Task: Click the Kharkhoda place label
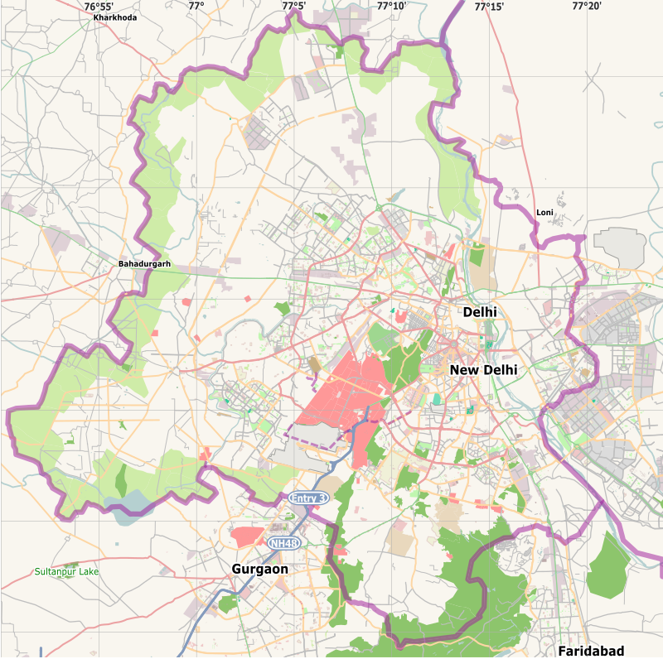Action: [115, 17]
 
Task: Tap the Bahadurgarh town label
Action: [144, 264]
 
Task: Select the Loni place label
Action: [544, 213]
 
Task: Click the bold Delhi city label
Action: [480, 312]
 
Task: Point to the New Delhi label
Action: [483, 370]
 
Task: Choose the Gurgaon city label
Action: [260, 570]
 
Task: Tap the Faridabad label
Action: [591, 651]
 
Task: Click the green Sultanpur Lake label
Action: [66, 572]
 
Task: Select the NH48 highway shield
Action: [283, 542]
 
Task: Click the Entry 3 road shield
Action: [308, 498]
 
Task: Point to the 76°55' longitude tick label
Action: [99, 6]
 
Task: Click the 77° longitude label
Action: [196, 6]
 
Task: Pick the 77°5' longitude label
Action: [293, 6]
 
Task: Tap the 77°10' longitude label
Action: [391, 6]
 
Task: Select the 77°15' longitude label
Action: [489, 6]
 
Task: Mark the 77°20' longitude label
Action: [587, 6]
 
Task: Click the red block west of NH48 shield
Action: [247, 536]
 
